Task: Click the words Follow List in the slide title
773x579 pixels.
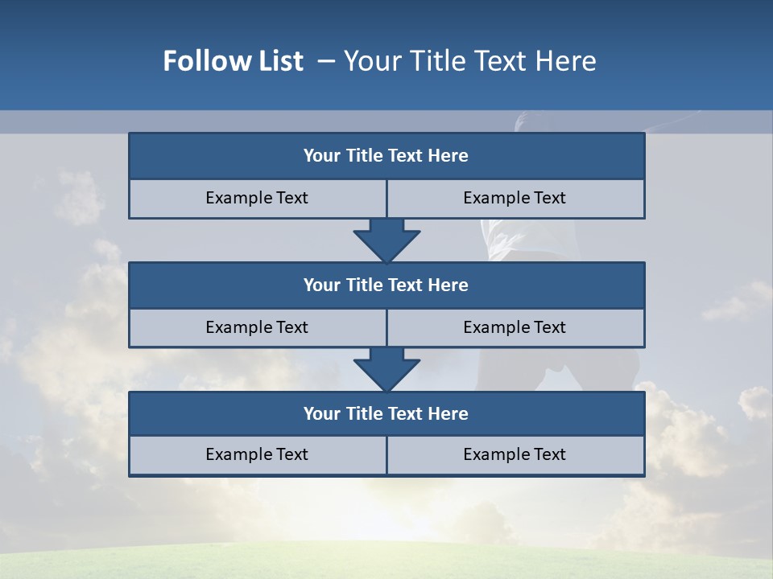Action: point(233,61)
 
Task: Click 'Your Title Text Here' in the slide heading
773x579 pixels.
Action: point(470,61)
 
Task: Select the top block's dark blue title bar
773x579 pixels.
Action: point(386,156)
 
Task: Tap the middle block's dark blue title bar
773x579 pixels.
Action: point(386,285)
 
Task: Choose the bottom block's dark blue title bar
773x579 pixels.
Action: point(386,413)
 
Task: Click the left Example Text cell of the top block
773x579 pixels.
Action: point(257,198)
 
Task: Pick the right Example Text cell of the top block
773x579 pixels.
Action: point(515,198)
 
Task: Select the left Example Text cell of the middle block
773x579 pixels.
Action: point(257,327)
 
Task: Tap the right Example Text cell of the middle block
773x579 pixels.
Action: point(515,327)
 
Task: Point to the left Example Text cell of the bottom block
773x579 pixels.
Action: point(257,454)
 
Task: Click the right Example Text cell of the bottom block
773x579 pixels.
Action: point(515,454)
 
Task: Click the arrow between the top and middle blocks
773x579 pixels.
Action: point(386,240)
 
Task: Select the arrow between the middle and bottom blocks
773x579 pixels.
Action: point(386,369)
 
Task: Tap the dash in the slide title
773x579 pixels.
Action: point(326,61)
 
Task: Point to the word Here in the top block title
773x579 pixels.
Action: point(449,156)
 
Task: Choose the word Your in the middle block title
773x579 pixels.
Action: point(321,285)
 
